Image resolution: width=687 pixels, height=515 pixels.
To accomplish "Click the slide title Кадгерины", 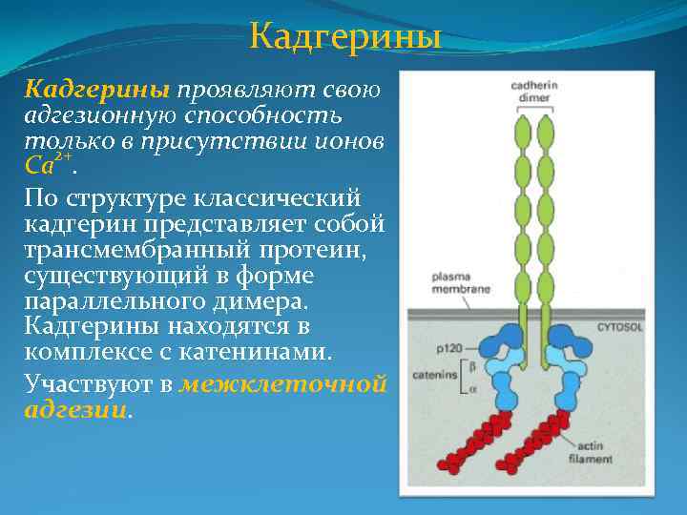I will click(x=344, y=37).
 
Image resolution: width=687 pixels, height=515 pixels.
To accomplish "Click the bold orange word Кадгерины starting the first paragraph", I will click(x=96, y=90).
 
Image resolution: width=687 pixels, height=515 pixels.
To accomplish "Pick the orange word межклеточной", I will click(x=284, y=384).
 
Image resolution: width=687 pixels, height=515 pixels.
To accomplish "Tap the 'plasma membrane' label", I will click(x=439, y=283).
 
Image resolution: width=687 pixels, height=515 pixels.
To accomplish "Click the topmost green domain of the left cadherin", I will click(x=522, y=128).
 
